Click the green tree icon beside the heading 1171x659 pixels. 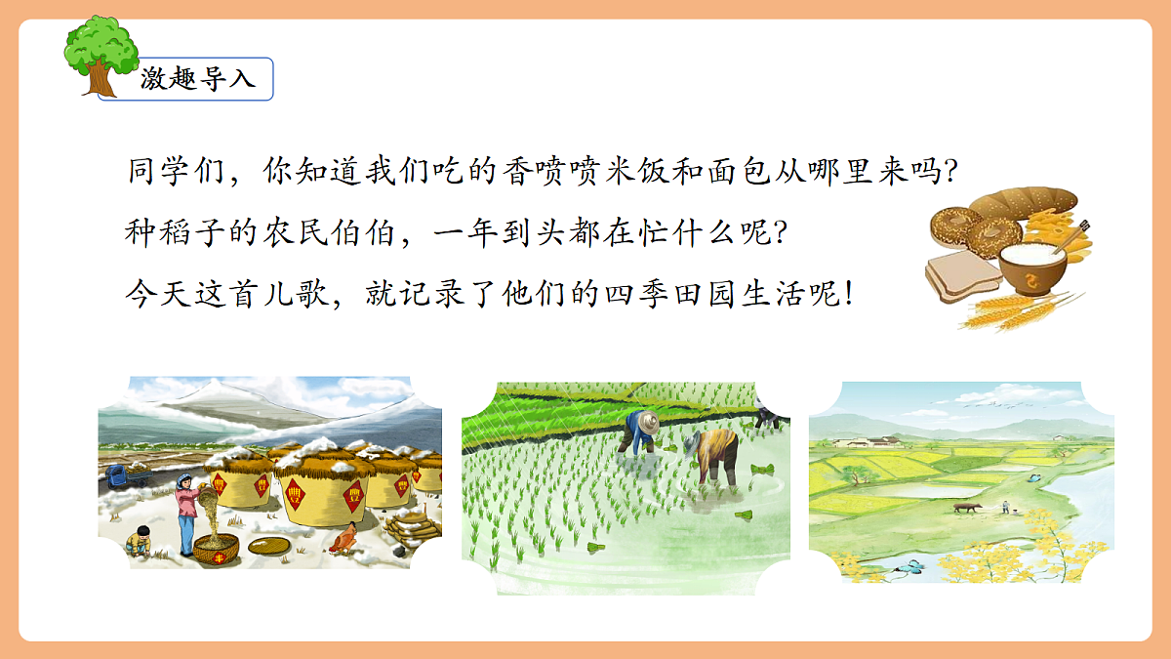101,54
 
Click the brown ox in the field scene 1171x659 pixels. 966,508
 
